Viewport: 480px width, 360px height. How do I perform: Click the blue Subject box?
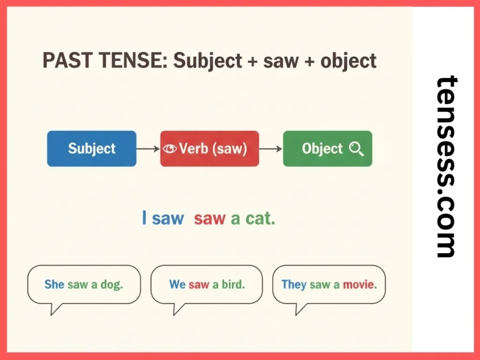tap(92, 149)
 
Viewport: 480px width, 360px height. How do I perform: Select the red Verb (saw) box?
tap(210, 149)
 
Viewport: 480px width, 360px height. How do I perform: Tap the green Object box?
tap(327, 149)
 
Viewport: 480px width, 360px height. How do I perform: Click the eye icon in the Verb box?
tap(170, 149)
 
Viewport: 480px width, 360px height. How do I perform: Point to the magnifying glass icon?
tap(357, 149)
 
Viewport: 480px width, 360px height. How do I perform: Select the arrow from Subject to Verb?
tap(148, 149)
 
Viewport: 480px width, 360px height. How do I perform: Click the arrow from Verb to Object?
tap(270, 149)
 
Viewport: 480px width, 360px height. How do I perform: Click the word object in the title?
tap(349, 61)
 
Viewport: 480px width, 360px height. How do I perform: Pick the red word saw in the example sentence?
tap(210, 218)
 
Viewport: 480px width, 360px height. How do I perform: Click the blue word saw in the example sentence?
tap(168, 218)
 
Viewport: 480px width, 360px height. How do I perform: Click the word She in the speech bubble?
tap(54, 284)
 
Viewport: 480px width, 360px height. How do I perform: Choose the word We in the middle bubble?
tap(177, 284)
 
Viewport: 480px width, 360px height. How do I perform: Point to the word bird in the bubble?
tap(233, 284)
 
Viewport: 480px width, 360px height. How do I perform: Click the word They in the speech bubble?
tap(293, 284)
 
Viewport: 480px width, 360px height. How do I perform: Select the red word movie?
tap(360, 284)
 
